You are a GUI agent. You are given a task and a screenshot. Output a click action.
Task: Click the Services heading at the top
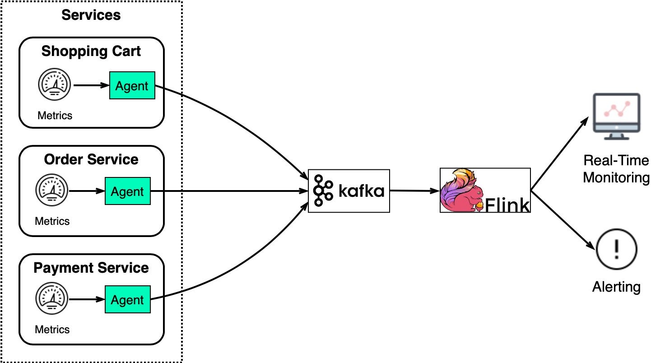click(91, 15)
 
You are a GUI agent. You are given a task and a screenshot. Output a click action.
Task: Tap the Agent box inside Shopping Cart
click(132, 86)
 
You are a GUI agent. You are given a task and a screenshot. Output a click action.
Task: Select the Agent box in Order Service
click(127, 191)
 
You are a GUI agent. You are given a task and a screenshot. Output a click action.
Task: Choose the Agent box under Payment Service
click(127, 300)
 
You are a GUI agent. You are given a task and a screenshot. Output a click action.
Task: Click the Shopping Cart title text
click(91, 51)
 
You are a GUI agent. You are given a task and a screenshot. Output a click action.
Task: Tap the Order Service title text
click(91, 159)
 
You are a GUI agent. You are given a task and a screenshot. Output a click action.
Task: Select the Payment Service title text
click(91, 268)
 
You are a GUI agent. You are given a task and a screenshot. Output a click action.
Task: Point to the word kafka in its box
click(361, 191)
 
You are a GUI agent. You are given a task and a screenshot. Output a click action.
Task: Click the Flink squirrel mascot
click(460, 191)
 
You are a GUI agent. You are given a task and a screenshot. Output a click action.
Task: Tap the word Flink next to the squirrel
click(507, 205)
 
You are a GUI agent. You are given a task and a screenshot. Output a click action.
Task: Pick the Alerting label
click(616, 287)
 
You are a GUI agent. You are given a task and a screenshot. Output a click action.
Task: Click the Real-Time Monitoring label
click(616, 169)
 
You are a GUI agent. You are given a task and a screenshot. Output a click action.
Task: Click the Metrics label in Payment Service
click(52, 329)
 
